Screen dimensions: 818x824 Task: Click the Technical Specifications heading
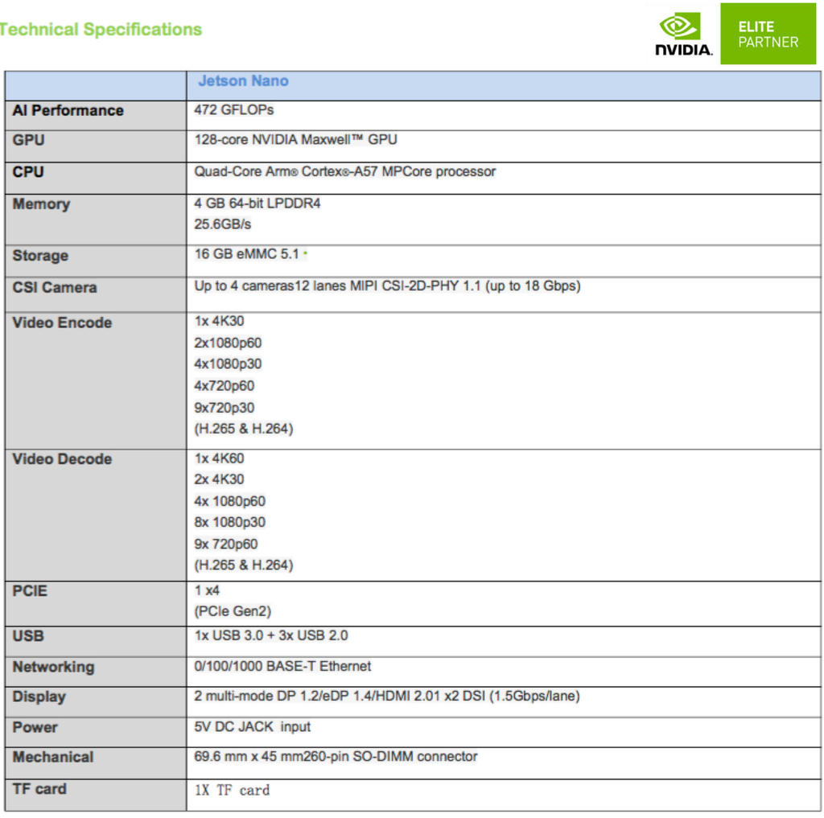coord(101,30)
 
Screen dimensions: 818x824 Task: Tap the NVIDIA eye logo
coord(679,27)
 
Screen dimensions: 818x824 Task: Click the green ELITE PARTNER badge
coord(768,34)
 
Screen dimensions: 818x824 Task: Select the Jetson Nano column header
coord(243,81)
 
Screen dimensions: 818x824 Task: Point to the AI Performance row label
coord(68,111)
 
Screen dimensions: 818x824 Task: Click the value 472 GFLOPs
coord(234,110)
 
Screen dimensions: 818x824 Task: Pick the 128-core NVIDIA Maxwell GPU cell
coord(295,140)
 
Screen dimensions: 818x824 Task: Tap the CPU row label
coord(28,172)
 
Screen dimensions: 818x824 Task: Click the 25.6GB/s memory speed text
coord(223,224)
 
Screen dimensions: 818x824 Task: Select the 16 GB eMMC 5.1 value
coord(246,254)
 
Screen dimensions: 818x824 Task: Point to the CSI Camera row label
coord(55,288)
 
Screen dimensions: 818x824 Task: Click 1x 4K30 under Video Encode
coord(219,321)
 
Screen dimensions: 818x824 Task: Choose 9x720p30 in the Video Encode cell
coord(225,407)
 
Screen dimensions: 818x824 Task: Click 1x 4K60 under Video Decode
coord(219,458)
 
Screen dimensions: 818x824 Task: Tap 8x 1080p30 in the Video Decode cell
coord(229,522)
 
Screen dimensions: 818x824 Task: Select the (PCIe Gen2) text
coord(233,611)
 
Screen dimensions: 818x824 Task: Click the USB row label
coord(28,636)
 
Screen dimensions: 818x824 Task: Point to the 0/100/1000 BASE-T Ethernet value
coord(282,666)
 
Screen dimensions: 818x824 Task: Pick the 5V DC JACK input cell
coord(252,727)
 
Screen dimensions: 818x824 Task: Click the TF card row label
coord(39,789)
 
